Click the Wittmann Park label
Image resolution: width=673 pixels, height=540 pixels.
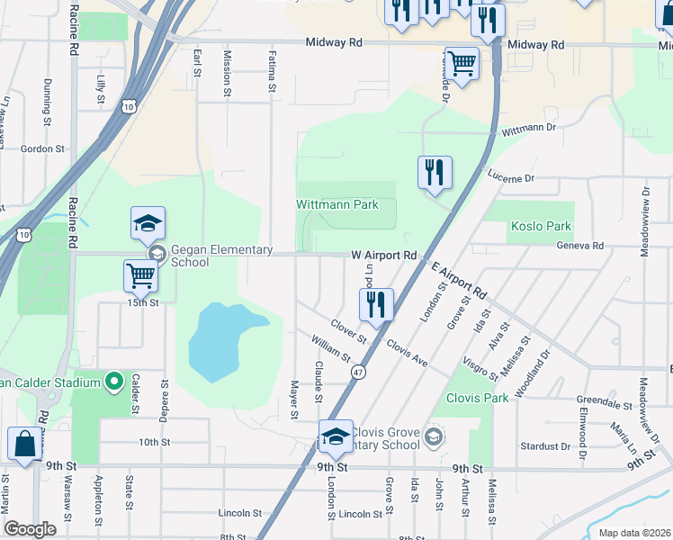tap(337, 204)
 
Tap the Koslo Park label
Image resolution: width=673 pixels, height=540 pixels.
tap(541, 226)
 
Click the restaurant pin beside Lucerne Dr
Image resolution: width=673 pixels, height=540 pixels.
tap(435, 173)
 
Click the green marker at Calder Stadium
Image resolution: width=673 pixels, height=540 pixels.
tap(113, 383)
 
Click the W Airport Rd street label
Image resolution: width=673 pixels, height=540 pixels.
tap(384, 256)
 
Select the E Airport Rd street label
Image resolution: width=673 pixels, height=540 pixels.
tap(458, 282)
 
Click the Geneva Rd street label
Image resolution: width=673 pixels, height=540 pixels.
tap(579, 246)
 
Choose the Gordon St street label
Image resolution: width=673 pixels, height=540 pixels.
tap(42, 148)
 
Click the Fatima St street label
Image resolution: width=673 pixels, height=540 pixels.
tap(271, 71)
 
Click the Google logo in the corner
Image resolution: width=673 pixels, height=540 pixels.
tap(30, 529)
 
